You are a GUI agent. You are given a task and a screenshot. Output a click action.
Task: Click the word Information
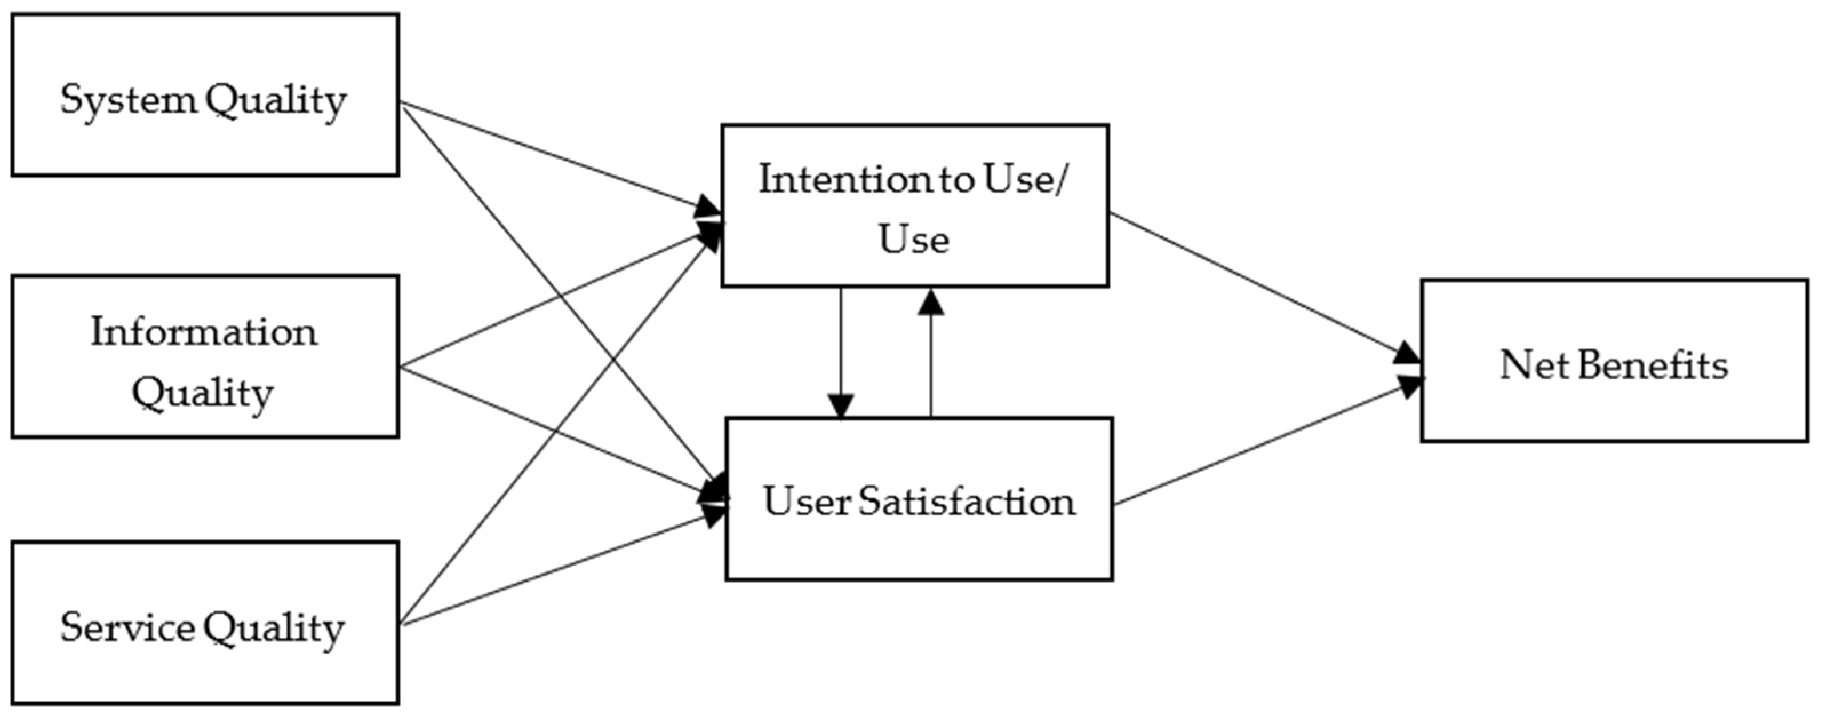(x=204, y=332)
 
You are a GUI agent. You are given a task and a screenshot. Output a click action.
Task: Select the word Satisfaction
(x=967, y=502)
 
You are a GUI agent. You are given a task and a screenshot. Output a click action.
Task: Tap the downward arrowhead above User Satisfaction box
(x=841, y=405)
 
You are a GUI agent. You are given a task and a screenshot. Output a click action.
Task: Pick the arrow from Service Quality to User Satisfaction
(x=559, y=570)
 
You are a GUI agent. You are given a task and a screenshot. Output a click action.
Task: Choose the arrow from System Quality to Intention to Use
(x=552, y=156)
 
